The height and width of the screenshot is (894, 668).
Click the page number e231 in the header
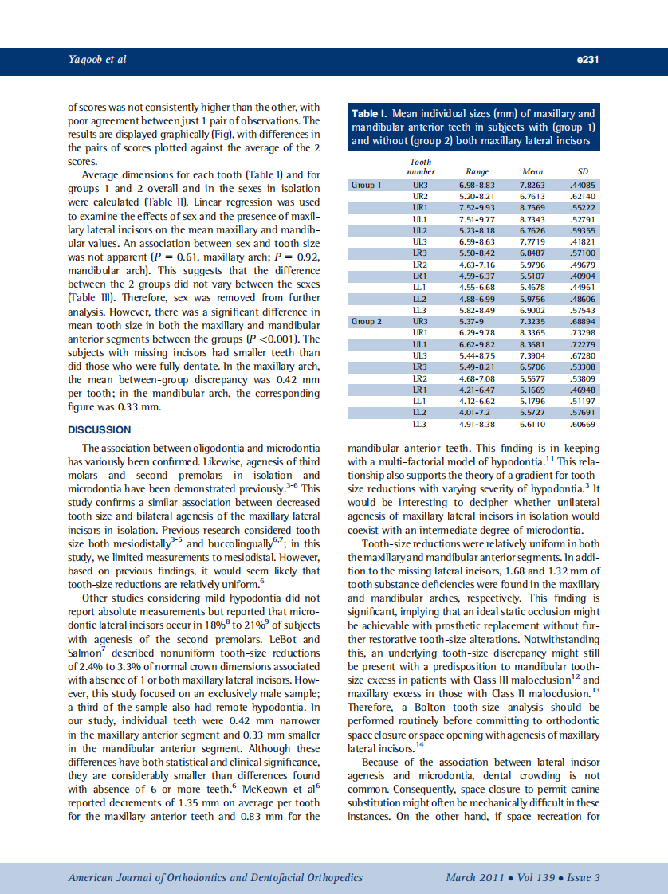[587, 60]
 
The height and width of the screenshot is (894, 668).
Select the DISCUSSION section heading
[100, 429]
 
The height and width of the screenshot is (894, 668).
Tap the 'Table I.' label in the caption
[375, 114]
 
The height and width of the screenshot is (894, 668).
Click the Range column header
[477, 171]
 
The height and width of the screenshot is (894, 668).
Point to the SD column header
[582, 171]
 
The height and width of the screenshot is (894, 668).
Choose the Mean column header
[532, 171]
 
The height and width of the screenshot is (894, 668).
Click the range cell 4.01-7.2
[475, 413]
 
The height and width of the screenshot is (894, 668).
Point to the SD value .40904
[582, 276]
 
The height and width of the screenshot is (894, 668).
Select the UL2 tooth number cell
[420, 230]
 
